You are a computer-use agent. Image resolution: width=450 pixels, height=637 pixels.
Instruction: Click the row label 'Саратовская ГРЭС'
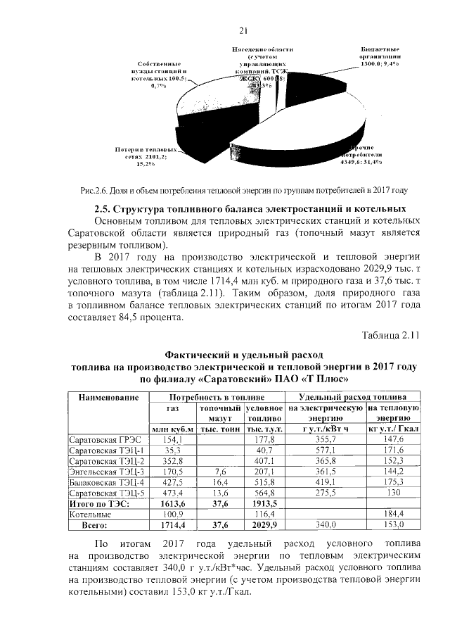pyautogui.click(x=103, y=439)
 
